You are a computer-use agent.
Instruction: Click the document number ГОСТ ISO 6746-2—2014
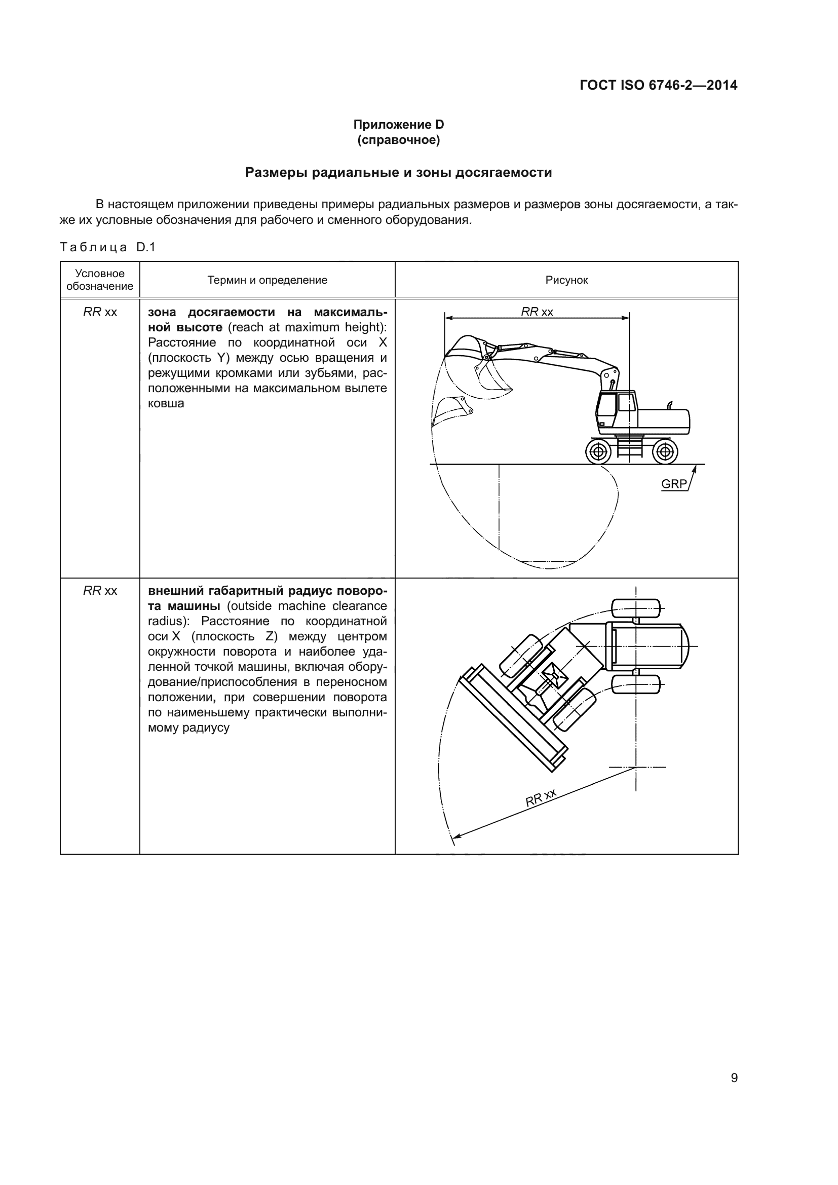tap(659, 86)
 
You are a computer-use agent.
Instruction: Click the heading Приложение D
tap(398, 125)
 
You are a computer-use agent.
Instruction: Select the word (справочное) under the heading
tap(398, 140)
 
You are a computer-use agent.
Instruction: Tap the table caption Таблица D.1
tap(107, 247)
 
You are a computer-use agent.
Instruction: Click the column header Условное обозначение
tap(100, 280)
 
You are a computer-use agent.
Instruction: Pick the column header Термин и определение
tap(267, 280)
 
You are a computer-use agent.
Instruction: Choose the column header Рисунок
tap(566, 280)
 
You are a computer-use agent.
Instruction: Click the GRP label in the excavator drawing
tap(673, 484)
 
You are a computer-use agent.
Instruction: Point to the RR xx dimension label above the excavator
tap(537, 312)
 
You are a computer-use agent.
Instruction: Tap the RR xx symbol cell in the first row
tap(100, 312)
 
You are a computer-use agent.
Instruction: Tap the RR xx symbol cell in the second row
tap(100, 590)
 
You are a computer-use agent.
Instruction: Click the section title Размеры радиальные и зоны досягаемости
tap(398, 172)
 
